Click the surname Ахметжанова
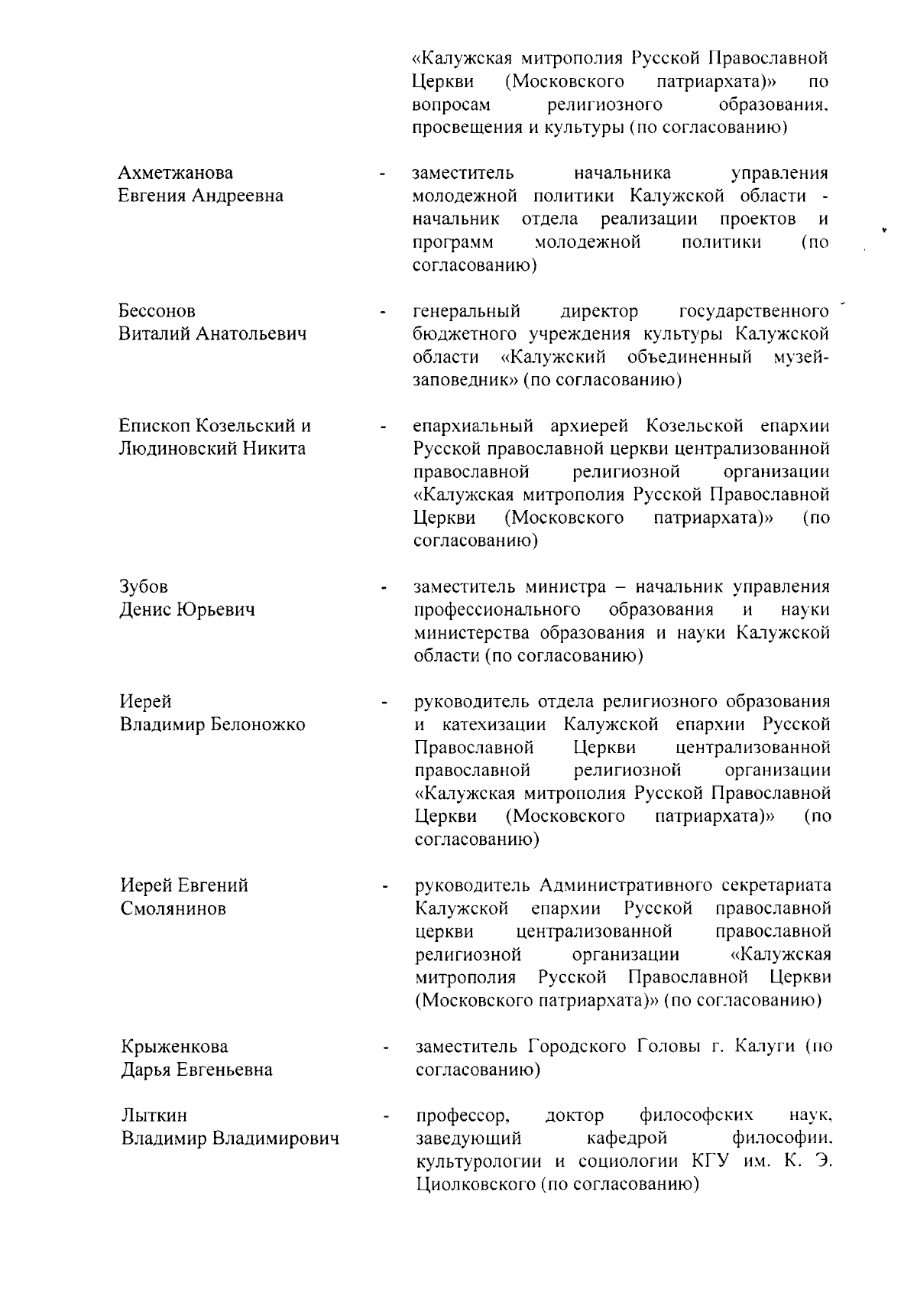176,173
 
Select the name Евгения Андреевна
200,196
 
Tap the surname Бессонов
157,311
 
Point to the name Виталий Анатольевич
212,334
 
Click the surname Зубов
144,586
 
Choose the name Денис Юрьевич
187,609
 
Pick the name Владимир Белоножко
212,724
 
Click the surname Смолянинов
173,908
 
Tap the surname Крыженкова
174,1046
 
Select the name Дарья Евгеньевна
196,1069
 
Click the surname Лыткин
154,1116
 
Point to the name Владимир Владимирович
230,1138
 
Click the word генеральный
467,311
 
